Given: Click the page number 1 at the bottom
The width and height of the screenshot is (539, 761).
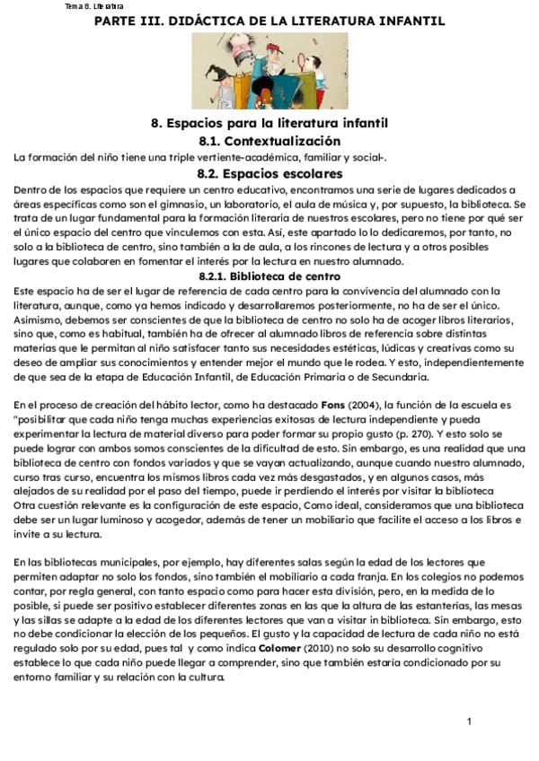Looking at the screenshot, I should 469,722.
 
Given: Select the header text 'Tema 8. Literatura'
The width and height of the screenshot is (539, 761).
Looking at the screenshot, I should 94,6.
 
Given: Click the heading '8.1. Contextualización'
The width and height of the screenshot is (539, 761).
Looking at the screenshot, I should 269,141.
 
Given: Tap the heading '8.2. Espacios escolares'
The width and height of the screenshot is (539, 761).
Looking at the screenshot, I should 269,173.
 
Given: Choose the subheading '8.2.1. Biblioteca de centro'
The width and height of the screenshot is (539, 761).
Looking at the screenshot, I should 269,276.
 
